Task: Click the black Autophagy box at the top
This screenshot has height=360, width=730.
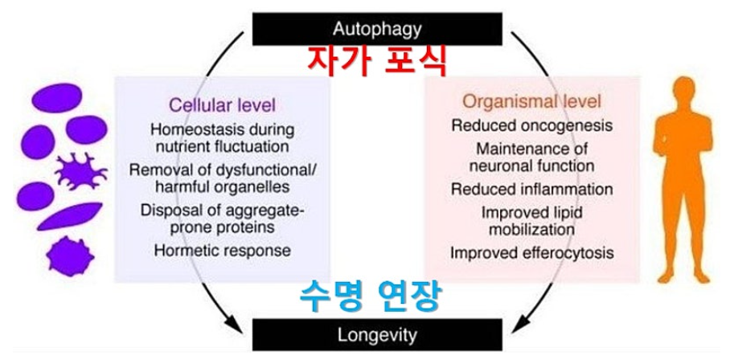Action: click(378, 29)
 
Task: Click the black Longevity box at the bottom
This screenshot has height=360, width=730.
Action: click(378, 333)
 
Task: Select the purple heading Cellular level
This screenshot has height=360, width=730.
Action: click(222, 104)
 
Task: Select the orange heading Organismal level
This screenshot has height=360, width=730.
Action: click(531, 102)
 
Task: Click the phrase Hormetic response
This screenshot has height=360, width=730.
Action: click(222, 250)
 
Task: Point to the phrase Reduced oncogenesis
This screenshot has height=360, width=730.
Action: click(531, 125)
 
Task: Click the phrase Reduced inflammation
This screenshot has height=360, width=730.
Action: click(531, 190)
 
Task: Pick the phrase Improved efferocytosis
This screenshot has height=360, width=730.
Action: click(531, 253)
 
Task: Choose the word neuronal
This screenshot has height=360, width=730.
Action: click(499, 166)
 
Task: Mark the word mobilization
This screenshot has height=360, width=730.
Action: click(531, 229)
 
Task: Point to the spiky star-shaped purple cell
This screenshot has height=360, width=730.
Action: click(78, 171)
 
